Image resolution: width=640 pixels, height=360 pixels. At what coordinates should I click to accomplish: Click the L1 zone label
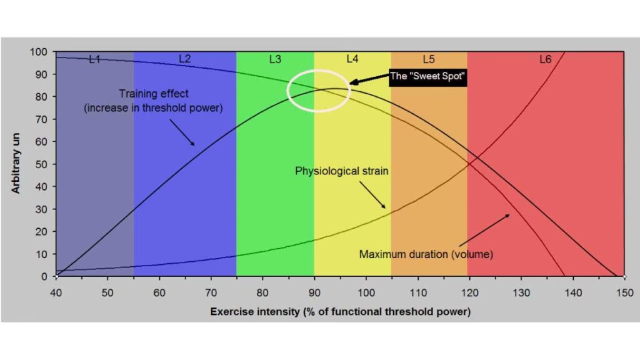94,59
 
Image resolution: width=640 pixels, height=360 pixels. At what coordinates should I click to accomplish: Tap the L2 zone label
184,59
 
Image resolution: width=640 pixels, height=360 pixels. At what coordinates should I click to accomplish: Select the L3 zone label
275,59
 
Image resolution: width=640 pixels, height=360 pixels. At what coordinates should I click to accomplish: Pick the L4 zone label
352,59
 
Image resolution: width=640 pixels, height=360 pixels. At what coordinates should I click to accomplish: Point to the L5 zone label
429,59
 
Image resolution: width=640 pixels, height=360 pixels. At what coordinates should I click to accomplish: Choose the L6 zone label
546,59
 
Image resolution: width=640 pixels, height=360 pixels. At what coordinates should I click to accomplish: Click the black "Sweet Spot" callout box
428,77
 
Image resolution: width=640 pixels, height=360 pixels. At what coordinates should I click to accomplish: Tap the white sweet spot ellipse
319,90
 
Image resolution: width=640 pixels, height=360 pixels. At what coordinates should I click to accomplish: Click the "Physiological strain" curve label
342,170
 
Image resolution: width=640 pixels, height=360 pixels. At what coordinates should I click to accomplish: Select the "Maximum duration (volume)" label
426,254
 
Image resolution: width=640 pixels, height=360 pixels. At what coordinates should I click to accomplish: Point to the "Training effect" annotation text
154,101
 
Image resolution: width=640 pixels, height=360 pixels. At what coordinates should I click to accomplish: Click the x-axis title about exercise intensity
340,311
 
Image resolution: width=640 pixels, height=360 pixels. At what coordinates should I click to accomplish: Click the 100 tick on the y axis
39,52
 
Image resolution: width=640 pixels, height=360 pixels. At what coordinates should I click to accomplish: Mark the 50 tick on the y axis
41,164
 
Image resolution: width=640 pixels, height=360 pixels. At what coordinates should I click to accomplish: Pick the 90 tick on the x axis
314,292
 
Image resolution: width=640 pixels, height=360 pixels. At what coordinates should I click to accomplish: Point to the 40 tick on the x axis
56,292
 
